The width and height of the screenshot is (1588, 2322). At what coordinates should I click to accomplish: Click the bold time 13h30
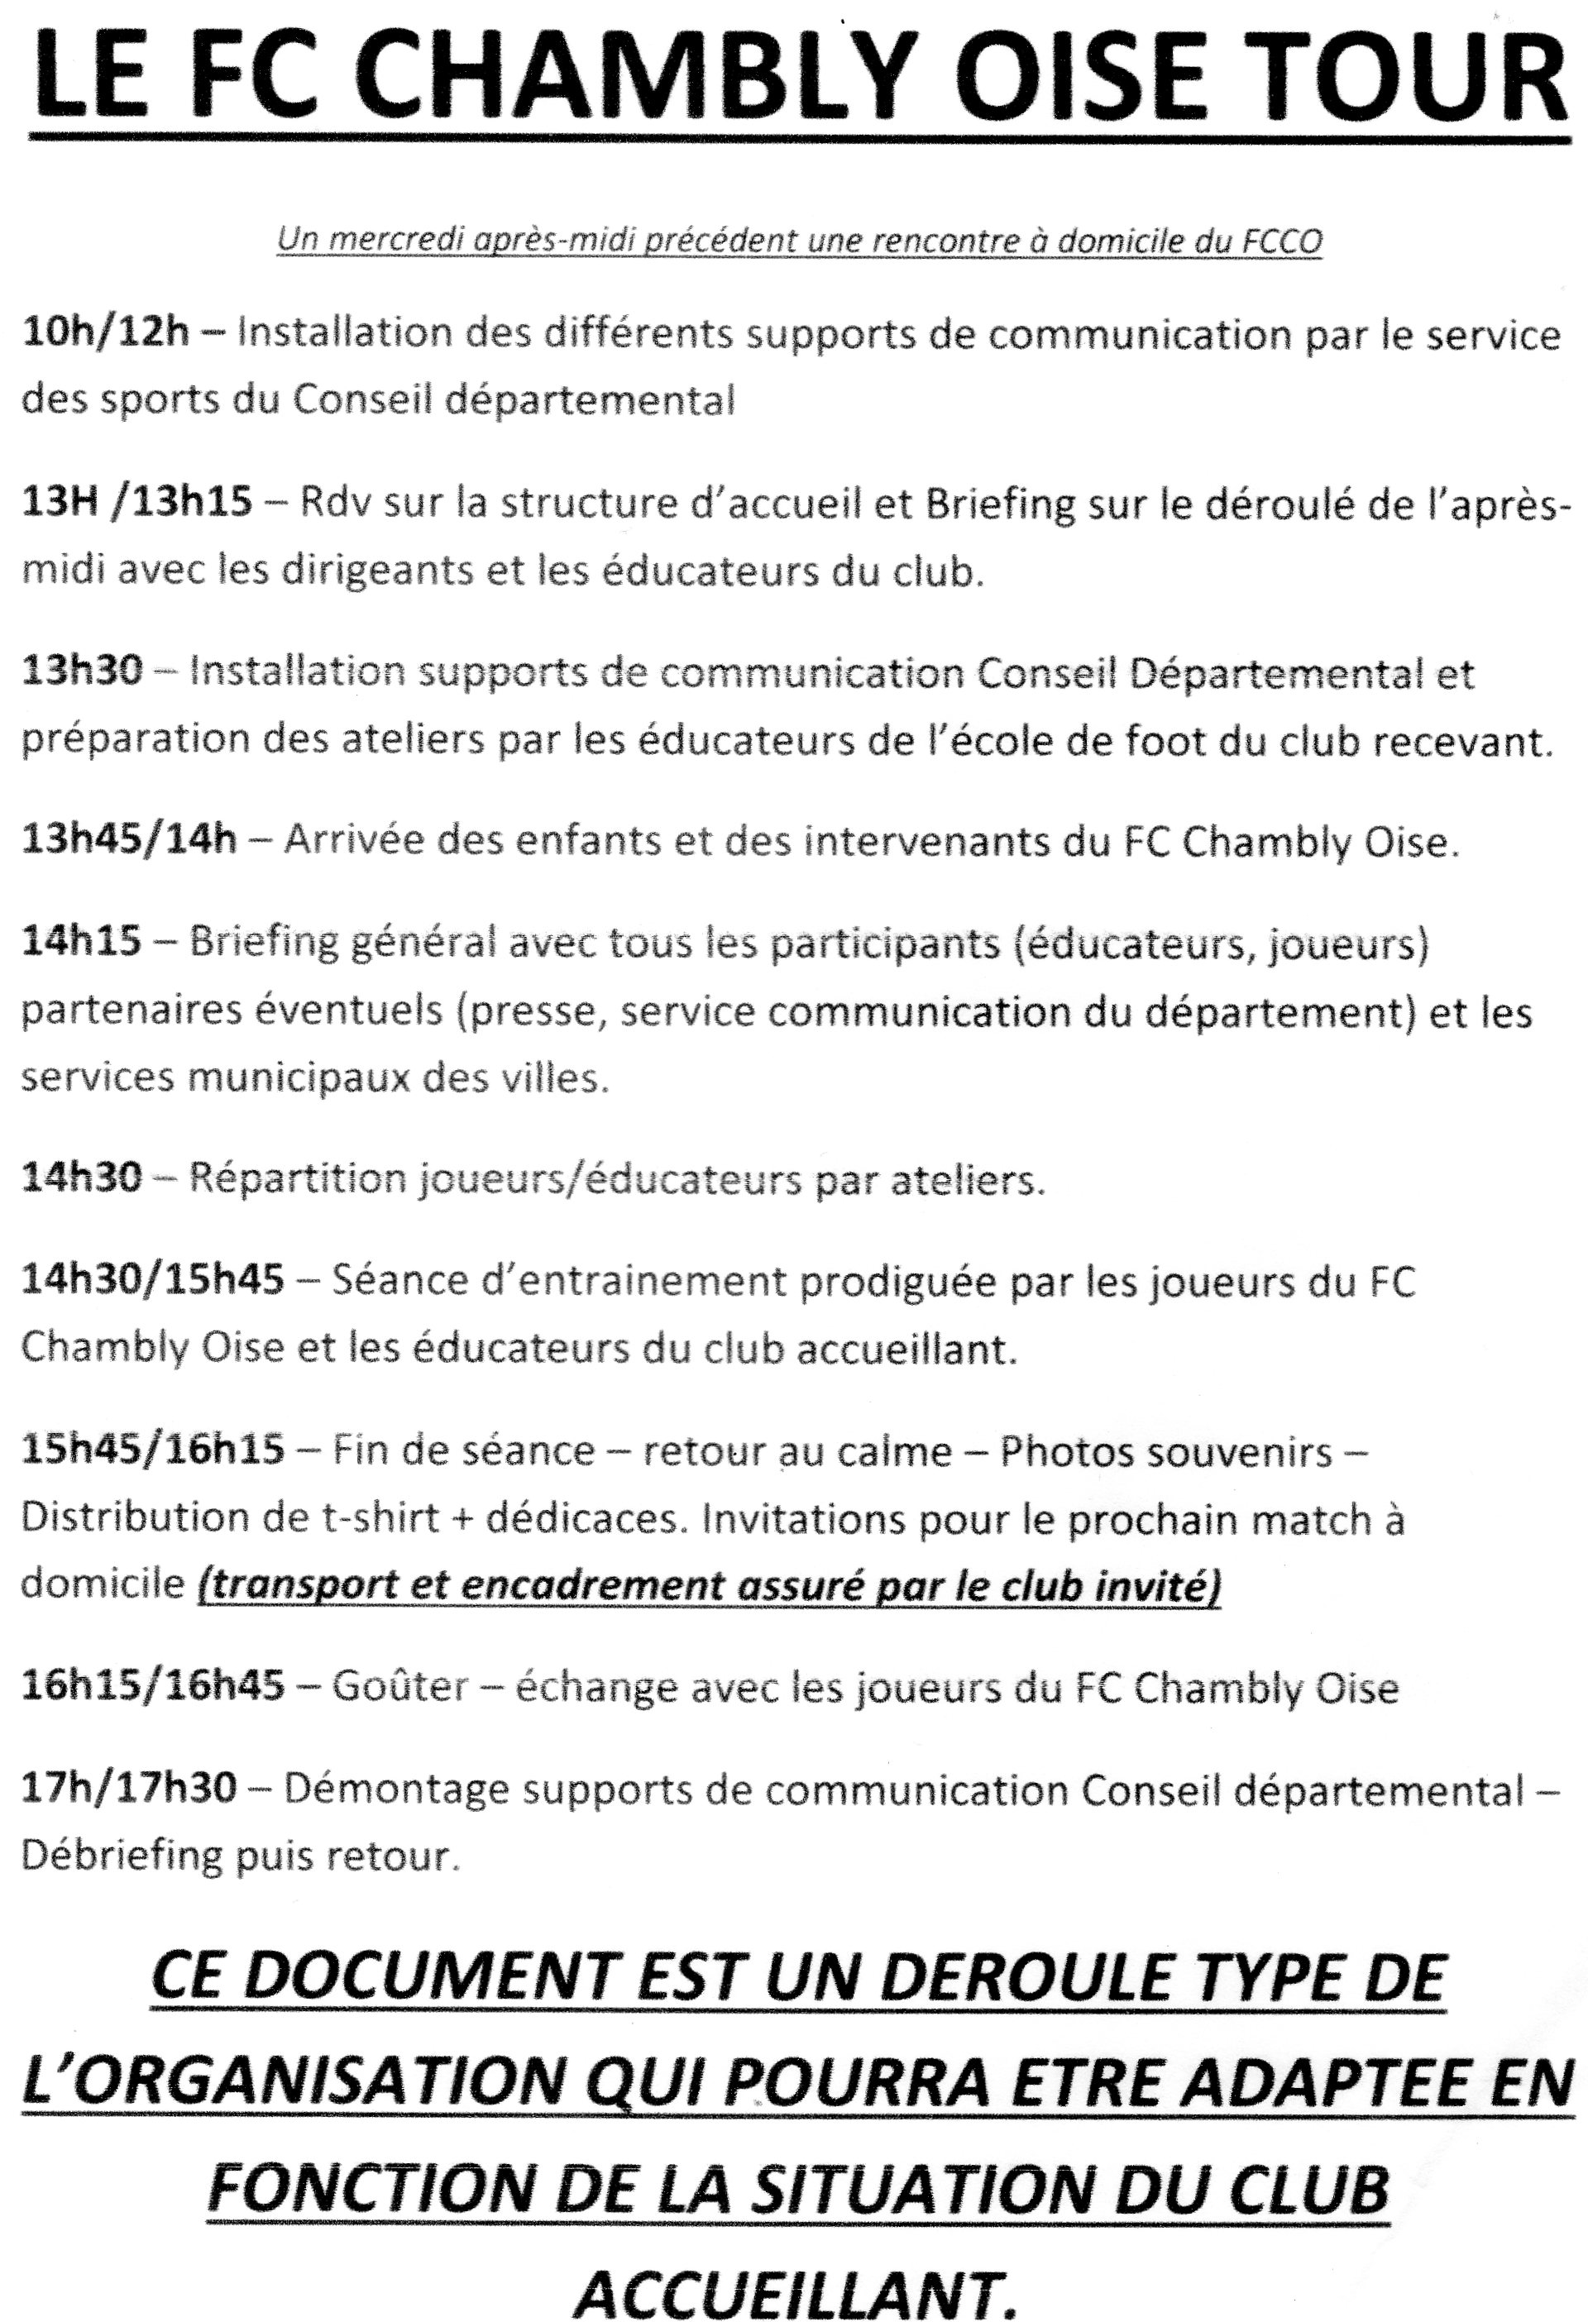(82, 671)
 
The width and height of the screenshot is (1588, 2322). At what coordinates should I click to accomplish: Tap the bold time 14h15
(82, 942)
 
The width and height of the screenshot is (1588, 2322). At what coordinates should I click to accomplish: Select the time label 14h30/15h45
(153, 1280)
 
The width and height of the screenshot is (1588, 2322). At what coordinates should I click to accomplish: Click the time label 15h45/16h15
(153, 1450)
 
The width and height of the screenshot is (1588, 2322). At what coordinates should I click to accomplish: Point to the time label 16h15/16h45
(153, 1687)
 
